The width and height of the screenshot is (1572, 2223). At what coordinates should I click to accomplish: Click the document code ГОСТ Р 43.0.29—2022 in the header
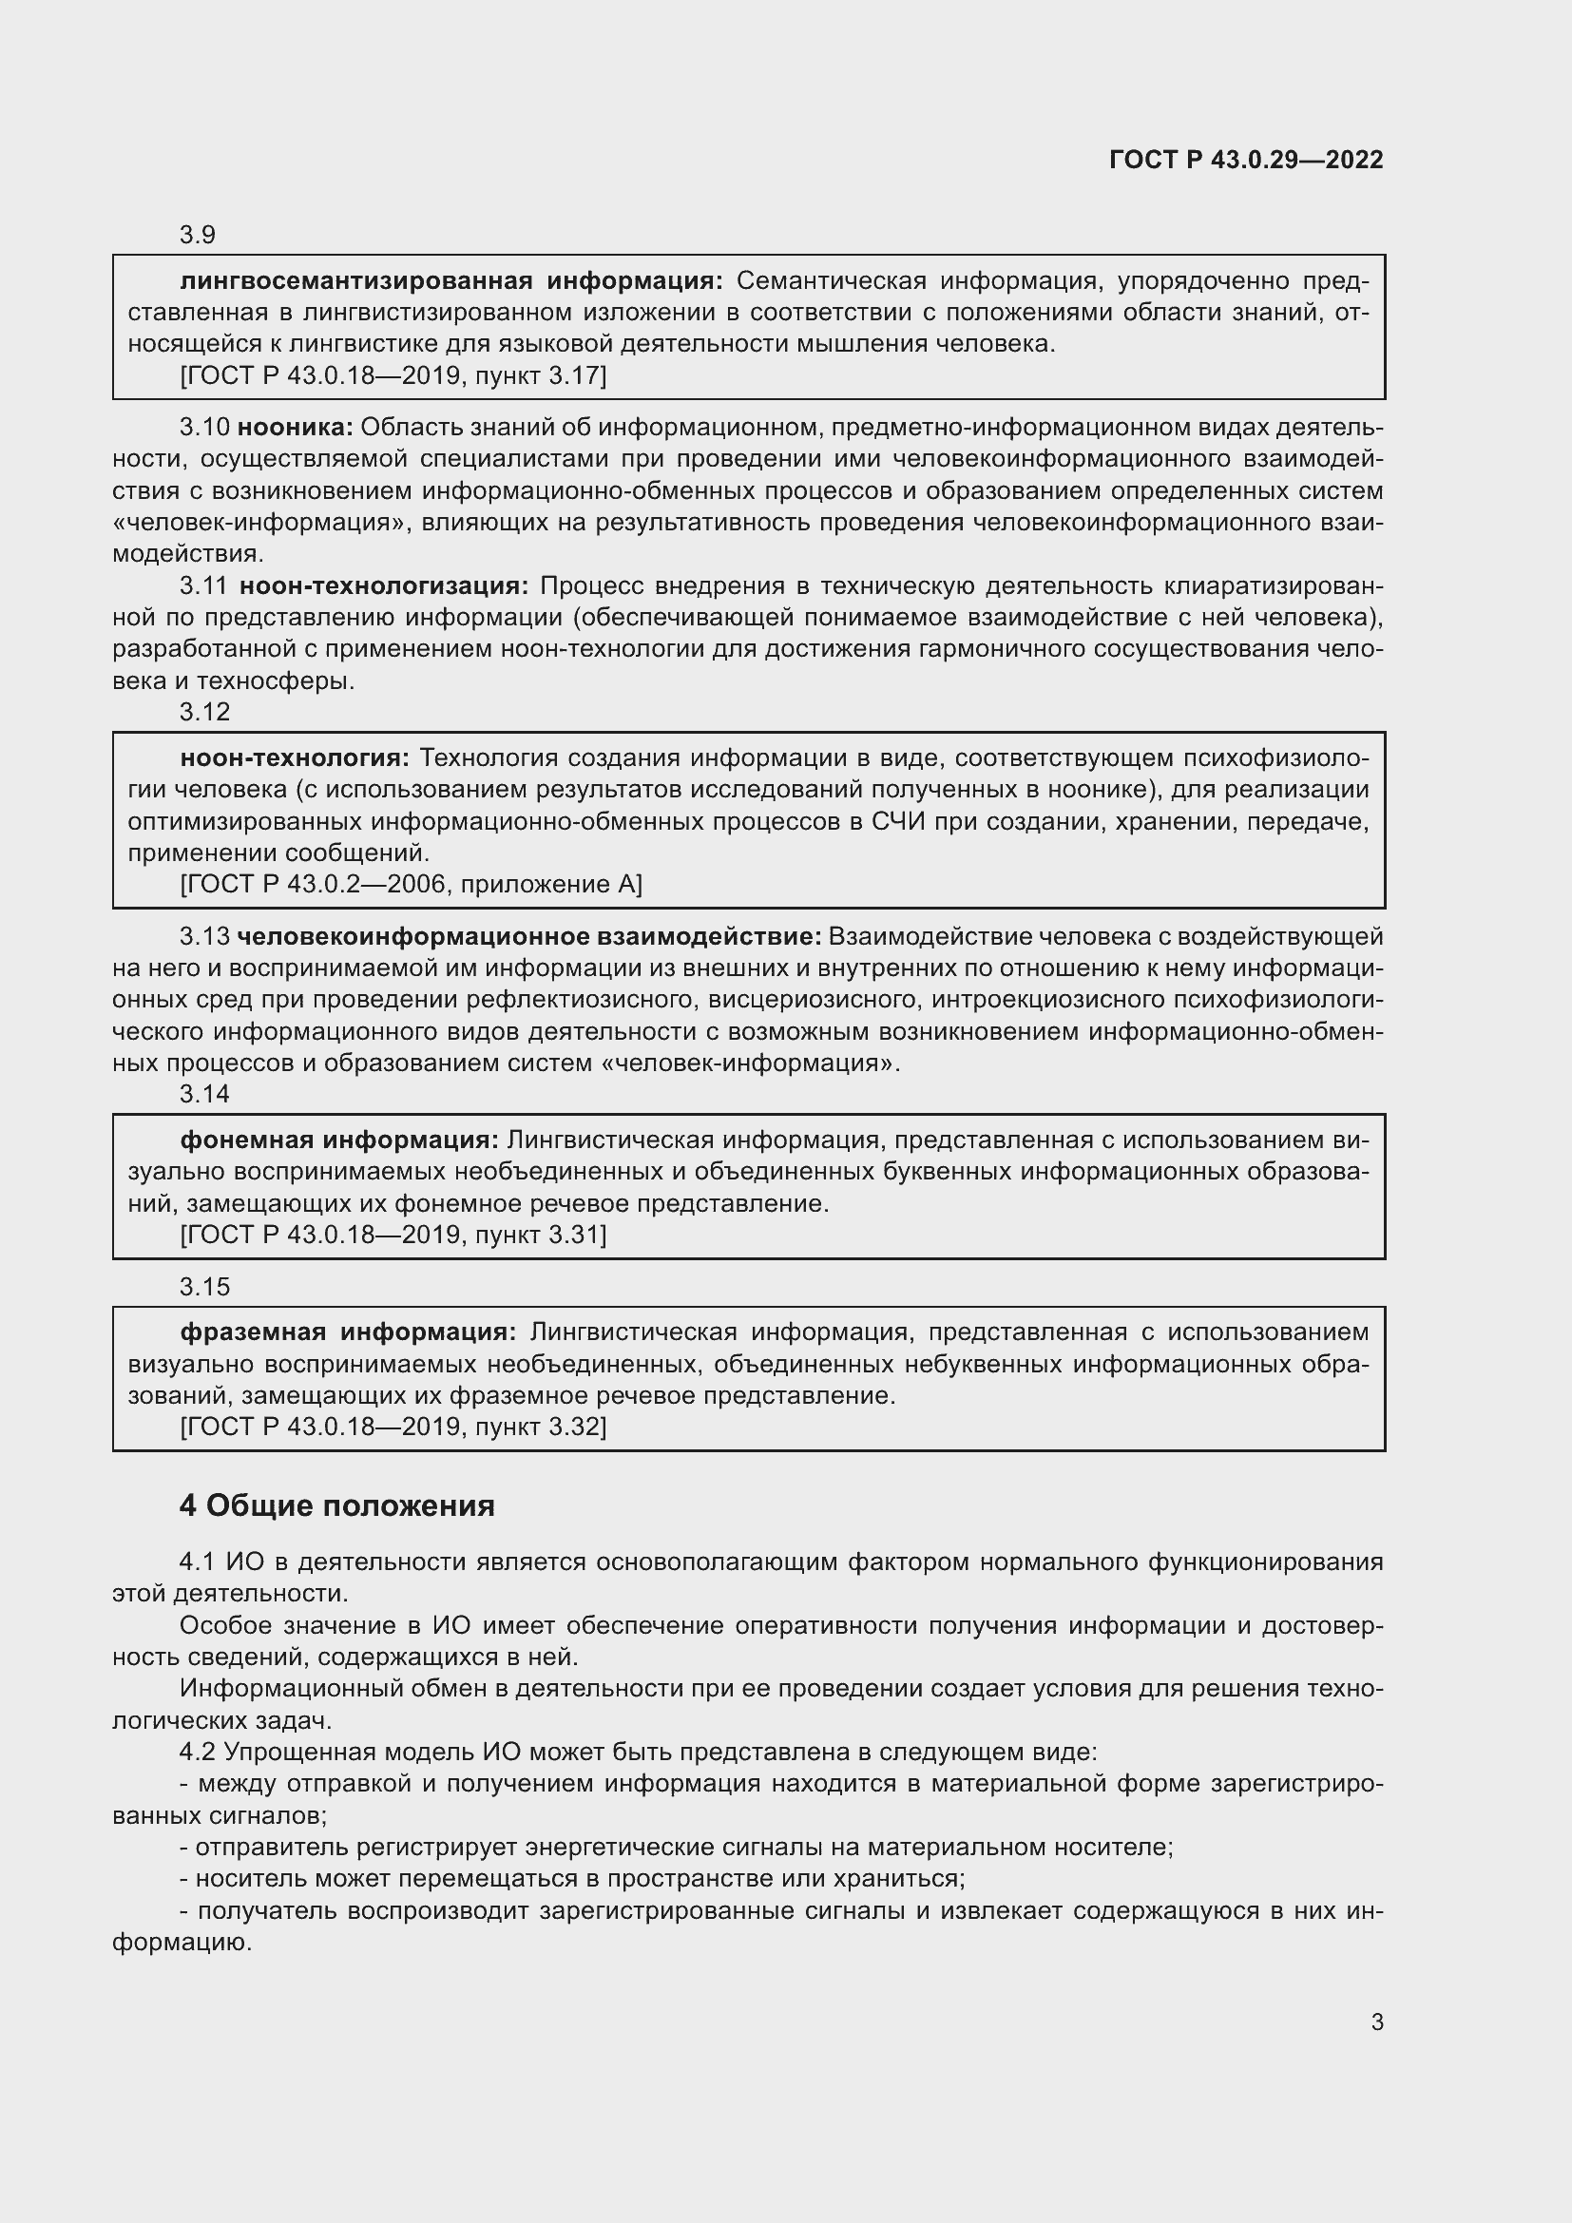[x=1246, y=160]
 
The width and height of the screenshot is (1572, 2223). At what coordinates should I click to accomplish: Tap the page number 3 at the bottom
[x=1376, y=2022]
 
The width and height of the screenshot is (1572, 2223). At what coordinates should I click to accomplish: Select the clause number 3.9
[x=198, y=236]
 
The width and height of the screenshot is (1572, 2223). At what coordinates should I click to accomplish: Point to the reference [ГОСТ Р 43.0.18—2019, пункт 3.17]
[x=393, y=375]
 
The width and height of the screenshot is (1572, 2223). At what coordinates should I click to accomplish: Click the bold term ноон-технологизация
[x=383, y=585]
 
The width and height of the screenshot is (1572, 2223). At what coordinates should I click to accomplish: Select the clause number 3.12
[x=204, y=712]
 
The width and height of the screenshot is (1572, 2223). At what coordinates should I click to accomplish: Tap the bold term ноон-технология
[x=295, y=757]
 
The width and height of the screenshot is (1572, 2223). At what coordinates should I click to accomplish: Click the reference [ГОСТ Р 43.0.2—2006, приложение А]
[x=411, y=884]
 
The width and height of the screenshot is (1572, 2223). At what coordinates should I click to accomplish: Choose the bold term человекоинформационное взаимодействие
[x=528, y=936]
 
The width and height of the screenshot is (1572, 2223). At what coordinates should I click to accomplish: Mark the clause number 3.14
[x=204, y=1093]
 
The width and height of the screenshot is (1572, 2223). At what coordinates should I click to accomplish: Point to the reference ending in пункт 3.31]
[x=393, y=1235]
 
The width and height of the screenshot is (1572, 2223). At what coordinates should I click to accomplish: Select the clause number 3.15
[x=204, y=1286]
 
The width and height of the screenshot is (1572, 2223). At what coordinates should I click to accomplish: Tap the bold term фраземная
[x=252, y=1332]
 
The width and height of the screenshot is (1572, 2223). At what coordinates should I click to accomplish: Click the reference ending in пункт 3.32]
[x=393, y=1427]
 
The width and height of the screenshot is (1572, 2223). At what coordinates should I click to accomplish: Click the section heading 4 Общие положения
[x=336, y=1505]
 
